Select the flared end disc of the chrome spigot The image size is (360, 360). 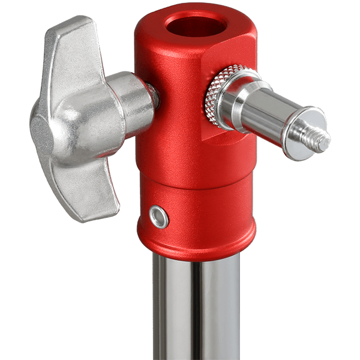(303, 133)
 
